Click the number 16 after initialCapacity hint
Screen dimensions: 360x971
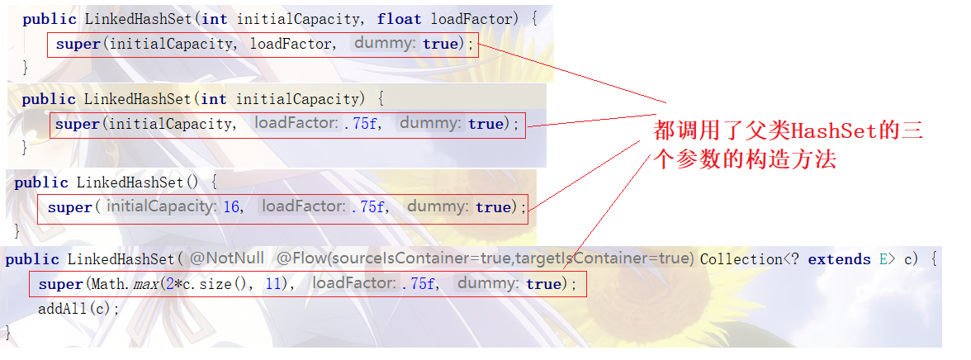[231, 207]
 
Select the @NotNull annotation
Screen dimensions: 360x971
[227, 259]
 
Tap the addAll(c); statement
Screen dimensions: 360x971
[79, 309]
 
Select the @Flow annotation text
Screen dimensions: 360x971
[484, 259]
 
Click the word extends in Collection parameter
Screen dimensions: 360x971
[839, 259]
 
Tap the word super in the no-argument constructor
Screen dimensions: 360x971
[69, 207]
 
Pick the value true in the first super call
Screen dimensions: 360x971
[440, 44]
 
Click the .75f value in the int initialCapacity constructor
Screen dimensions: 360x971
[362, 124]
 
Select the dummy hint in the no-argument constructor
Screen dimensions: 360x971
[438, 206]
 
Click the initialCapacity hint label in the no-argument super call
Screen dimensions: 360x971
[161, 206]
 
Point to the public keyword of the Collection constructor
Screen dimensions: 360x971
[32, 259]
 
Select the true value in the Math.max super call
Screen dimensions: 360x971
[543, 284]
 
